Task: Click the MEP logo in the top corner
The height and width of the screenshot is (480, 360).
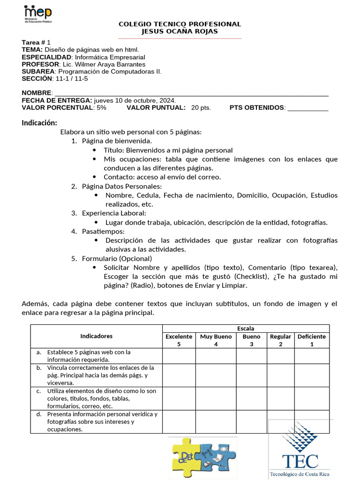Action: point(38,15)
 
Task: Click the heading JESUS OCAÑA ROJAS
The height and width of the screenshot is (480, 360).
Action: point(180,31)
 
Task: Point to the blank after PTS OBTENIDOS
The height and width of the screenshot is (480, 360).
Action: point(307,108)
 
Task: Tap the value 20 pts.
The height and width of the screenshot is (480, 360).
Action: point(201,108)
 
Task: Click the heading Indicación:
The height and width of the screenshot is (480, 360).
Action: point(39,123)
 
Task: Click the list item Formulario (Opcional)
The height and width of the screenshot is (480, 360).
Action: point(117,258)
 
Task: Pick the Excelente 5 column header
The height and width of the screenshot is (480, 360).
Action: point(179,340)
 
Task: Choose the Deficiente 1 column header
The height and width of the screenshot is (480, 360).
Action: point(312,340)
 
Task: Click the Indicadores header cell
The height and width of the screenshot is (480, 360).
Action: point(96,336)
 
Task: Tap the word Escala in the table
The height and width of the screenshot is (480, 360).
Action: point(246,329)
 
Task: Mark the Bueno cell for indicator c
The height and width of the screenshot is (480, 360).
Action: point(251,398)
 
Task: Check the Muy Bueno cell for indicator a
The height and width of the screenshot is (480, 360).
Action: point(216,356)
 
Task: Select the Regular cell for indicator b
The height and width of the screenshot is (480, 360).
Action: point(280,375)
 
